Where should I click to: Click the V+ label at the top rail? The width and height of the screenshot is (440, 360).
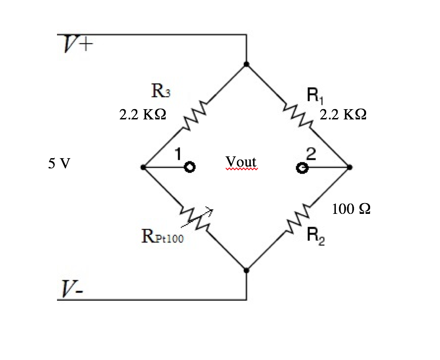pyautogui.click(x=78, y=44)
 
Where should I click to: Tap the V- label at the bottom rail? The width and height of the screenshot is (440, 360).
pyautogui.click(x=72, y=289)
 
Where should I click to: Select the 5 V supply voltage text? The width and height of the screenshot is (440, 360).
pyautogui.click(x=59, y=163)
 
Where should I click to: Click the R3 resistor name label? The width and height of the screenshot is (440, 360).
pyautogui.click(x=161, y=90)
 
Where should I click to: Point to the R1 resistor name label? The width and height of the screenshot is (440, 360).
pyautogui.click(x=315, y=95)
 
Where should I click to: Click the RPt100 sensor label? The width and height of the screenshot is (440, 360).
pyautogui.click(x=163, y=236)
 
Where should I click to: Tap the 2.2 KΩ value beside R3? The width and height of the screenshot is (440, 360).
pyautogui.click(x=143, y=115)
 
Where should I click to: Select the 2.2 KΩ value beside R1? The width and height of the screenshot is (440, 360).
pyautogui.click(x=343, y=115)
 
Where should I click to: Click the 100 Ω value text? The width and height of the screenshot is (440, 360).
pyautogui.click(x=351, y=209)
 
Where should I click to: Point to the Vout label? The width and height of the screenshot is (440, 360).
pyautogui.click(x=241, y=162)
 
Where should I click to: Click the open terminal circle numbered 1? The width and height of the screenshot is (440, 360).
pyautogui.click(x=190, y=168)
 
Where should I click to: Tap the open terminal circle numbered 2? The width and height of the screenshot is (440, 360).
pyautogui.click(x=302, y=168)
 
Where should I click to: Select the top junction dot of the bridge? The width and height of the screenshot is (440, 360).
pyautogui.click(x=246, y=64)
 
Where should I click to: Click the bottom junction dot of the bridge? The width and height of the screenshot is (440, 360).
pyautogui.click(x=246, y=270)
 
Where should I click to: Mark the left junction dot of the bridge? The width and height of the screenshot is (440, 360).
pyautogui.click(x=143, y=168)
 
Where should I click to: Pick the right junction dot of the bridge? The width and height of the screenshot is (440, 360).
pyautogui.click(x=349, y=168)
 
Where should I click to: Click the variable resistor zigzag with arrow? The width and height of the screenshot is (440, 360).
pyautogui.click(x=196, y=219)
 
